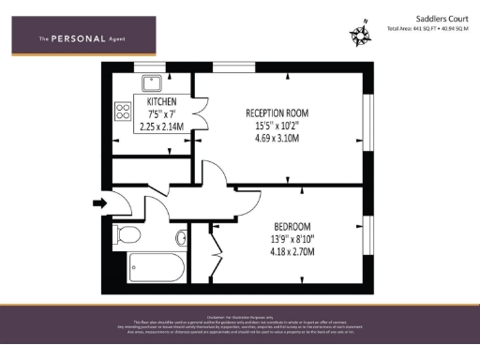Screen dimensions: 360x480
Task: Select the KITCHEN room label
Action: [x=161, y=100]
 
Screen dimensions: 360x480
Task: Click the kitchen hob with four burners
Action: [x=122, y=112]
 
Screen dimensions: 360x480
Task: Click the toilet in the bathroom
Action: [x=125, y=233]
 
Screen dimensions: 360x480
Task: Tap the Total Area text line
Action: [x=428, y=29]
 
